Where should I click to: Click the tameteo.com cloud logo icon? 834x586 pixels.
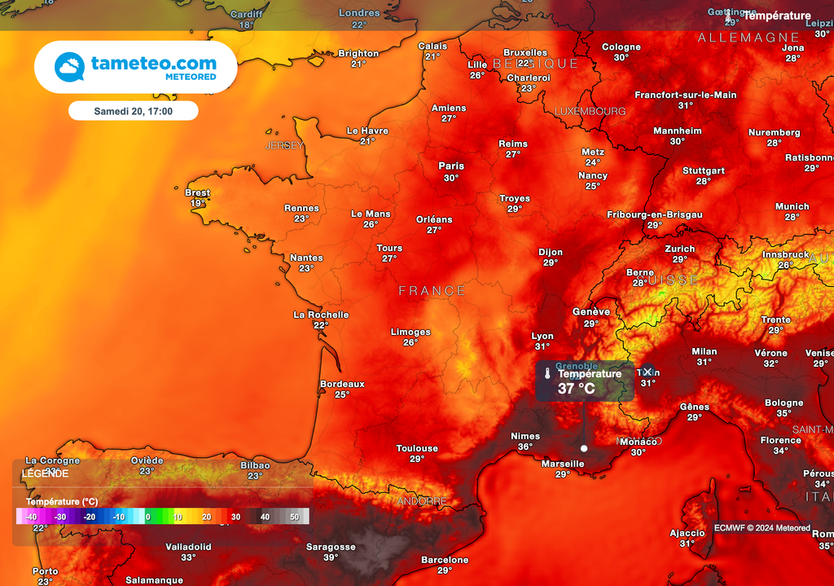pyautogui.click(x=69, y=67)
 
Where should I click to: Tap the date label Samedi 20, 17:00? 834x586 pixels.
pyautogui.click(x=133, y=111)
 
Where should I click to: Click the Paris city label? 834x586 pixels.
pyautogui.click(x=451, y=165)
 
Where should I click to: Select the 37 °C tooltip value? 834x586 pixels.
pyautogui.click(x=576, y=389)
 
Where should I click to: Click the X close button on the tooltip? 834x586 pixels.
pyautogui.click(x=647, y=372)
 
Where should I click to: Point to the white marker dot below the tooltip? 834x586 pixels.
pyautogui.click(x=584, y=448)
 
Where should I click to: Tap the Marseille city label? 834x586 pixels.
pyautogui.click(x=562, y=464)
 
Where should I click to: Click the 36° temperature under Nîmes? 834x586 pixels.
pyautogui.click(x=525, y=447)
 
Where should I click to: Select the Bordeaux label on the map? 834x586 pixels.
pyautogui.click(x=342, y=384)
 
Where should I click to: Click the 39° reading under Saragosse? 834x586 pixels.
pyautogui.click(x=331, y=557)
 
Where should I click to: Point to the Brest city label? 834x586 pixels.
pyautogui.click(x=198, y=193)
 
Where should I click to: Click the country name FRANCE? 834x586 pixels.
pyautogui.click(x=432, y=291)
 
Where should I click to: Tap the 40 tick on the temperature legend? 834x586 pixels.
pyautogui.click(x=265, y=517)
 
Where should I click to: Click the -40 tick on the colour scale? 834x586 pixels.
pyautogui.click(x=31, y=517)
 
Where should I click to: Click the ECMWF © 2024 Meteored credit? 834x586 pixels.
pyautogui.click(x=762, y=528)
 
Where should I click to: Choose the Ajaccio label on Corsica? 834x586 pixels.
pyautogui.click(x=687, y=533)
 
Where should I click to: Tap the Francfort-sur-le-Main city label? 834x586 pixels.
pyautogui.click(x=685, y=95)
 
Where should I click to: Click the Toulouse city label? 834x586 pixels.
pyautogui.click(x=417, y=448)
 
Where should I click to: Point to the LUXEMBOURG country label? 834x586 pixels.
pyautogui.click(x=590, y=111)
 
